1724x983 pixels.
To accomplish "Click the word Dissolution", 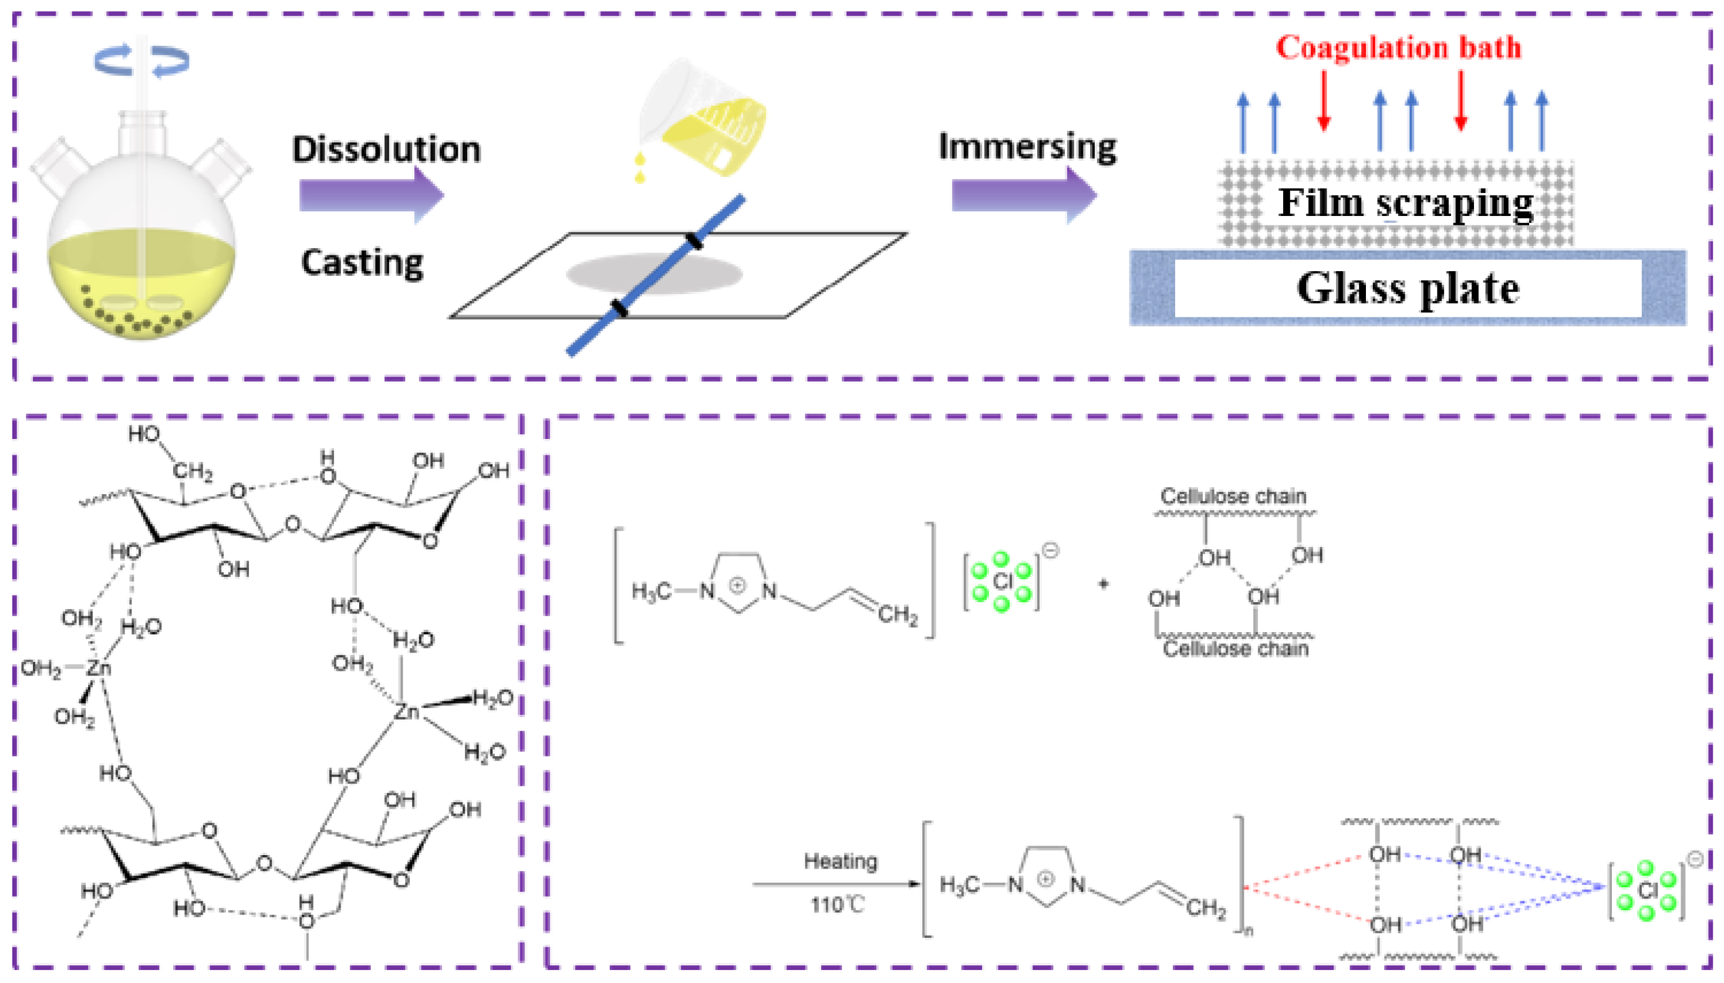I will point(386,150).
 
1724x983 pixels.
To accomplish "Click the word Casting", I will point(362,263).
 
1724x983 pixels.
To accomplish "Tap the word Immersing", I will point(1027,147).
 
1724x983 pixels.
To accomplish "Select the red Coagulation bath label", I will point(1398,48).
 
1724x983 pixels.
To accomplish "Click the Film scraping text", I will point(1405,202).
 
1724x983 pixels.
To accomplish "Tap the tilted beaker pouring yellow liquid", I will point(706,121).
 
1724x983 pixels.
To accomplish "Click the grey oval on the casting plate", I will point(654,274).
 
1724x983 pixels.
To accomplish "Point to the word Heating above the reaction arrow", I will point(840,862).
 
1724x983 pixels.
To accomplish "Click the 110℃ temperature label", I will point(838,905).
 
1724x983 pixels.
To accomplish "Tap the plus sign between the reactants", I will point(1103,584).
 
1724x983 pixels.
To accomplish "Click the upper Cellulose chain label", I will point(1233,496).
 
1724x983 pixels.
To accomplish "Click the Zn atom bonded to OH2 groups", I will point(99,669).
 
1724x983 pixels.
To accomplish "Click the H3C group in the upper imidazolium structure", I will point(651,592).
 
